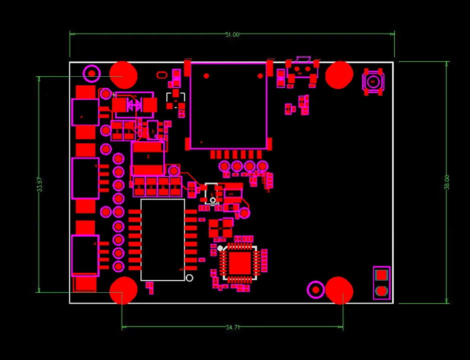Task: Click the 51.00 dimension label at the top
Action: (x=232, y=35)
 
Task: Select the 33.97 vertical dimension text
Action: (x=40, y=184)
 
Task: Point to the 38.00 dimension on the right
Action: (x=446, y=182)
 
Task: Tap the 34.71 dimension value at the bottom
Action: (x=232, y=327)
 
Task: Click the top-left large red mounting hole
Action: (x=123, y=76)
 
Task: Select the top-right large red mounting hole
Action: (x=339, y=75)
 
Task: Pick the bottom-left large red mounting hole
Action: (x=123, y=290)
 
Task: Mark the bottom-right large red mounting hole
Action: (x=339, y=290)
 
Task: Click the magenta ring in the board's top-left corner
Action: (x=92, y=74)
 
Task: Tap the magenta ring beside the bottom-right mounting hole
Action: (x=316, y=289)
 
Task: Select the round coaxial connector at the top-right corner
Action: (x=373, y=82)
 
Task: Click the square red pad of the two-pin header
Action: (x=381, y=275)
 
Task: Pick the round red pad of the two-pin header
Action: (x=381, y=290)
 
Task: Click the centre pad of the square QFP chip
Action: (x=240, y=263)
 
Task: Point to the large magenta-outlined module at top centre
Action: (x=228, y=106)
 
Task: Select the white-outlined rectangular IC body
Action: (x=163, y=240)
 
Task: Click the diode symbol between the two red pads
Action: (x=134, y=105)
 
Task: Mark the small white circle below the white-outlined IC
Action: (x=189, y=278)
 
